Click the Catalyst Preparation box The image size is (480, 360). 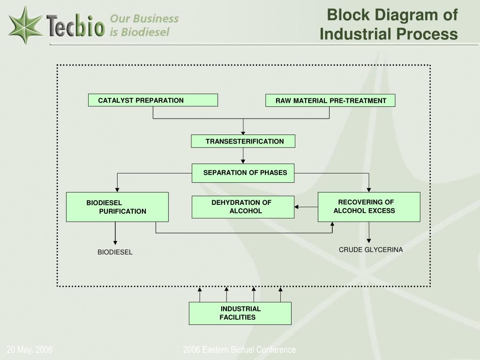153,100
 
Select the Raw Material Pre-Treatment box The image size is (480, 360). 330,100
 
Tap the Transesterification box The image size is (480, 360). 243,141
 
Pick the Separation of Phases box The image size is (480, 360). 243,173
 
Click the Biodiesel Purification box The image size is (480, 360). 117,207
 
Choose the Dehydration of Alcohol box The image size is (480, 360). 243,207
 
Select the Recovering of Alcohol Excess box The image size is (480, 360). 369,207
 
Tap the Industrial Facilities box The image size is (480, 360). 240,313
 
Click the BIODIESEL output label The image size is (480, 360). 115,252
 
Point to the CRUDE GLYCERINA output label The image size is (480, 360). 371,250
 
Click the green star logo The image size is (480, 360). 25,25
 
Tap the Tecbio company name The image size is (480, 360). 76,25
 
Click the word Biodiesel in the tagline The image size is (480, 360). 145,32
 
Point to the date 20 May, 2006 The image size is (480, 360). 30,350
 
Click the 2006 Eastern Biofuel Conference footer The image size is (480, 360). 240,350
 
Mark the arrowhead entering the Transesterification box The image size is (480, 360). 243,133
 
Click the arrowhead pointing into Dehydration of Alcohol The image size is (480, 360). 296,207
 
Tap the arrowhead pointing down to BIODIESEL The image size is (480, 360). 115,243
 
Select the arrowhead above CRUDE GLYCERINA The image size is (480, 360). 369,241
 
